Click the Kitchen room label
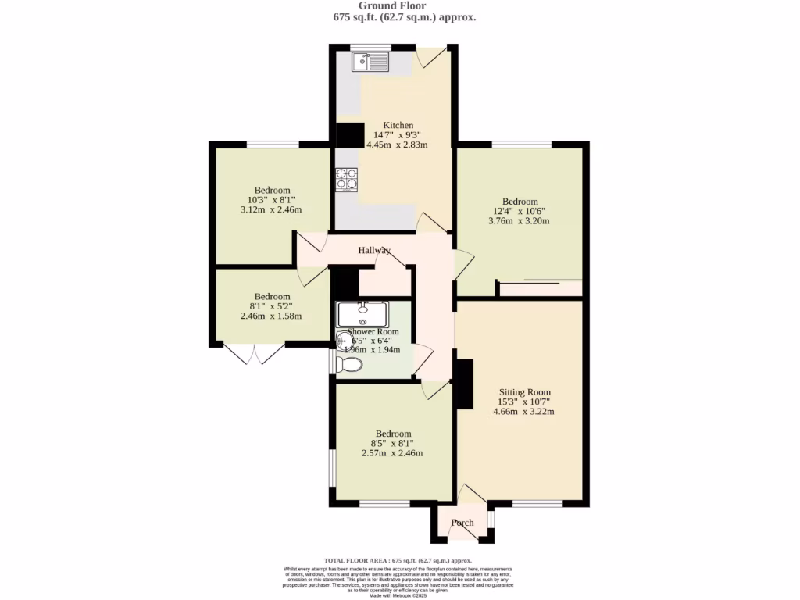398,125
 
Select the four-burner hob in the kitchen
347,179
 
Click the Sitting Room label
525,392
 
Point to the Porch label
462,523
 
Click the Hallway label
374,251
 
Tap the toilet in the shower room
350,364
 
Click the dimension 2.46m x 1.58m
270,316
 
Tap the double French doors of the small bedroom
254,353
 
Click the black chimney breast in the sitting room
464,384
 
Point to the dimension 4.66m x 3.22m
523,412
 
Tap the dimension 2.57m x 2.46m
392,453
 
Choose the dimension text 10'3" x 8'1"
271,200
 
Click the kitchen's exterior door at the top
430,56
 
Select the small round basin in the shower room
344,341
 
